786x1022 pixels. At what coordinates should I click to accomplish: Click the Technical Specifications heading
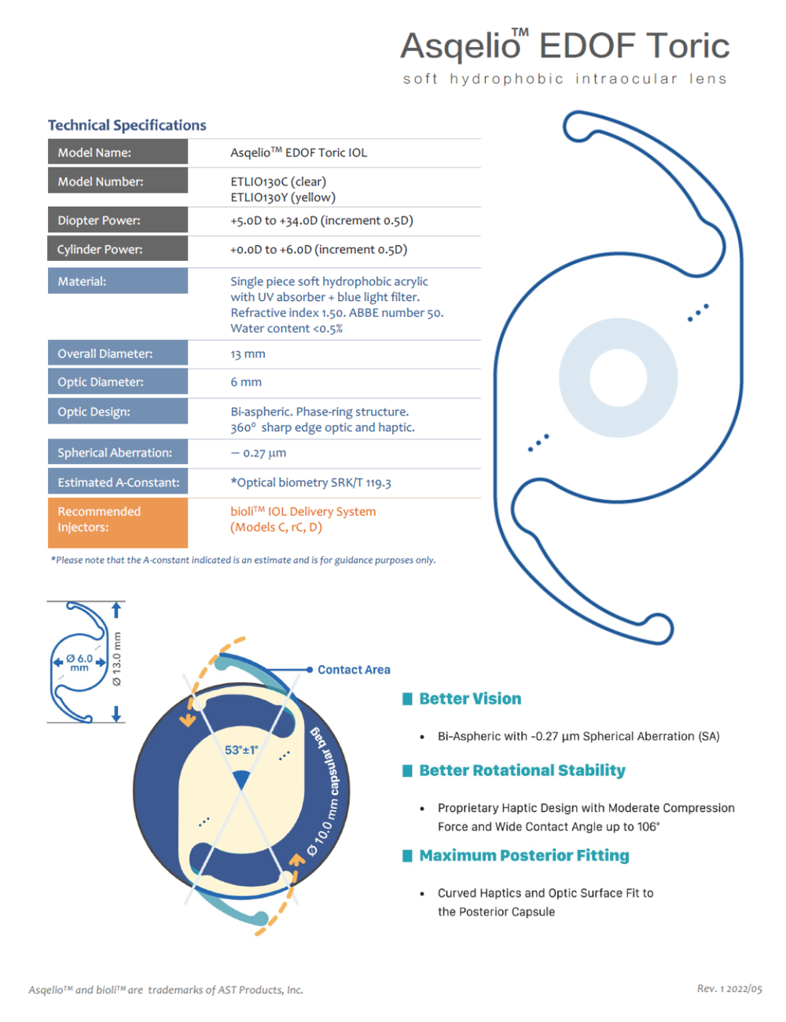pos(127,125)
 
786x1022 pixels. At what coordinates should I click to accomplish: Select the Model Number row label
pos(101,182)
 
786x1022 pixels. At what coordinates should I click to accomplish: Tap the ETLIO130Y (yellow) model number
pos(283,197)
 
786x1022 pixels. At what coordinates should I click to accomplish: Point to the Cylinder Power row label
pos(100,249)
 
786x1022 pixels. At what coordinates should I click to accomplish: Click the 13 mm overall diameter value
pos(248,354)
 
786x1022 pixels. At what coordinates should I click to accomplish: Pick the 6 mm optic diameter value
pos(246,382)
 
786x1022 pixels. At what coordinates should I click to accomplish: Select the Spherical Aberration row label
pos(115,453)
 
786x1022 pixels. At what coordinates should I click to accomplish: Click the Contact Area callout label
pos(354,670)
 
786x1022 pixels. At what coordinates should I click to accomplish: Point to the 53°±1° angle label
pos(241,750)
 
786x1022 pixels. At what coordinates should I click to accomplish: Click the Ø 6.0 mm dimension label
pos(79,663)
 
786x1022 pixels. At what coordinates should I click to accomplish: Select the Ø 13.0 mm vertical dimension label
pos(117,659)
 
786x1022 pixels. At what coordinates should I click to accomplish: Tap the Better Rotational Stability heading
pos(522,770)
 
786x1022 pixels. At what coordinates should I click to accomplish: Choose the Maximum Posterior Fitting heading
pos(524,855)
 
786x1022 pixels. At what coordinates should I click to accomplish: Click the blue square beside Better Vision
pos(407,699)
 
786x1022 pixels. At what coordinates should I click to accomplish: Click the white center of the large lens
pos(618,378)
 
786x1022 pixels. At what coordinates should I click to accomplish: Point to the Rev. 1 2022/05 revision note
pos(729,988)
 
